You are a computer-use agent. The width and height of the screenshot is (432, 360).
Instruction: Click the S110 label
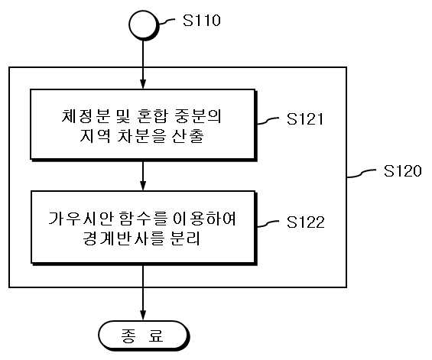pyautogui.click(x=202, y=21)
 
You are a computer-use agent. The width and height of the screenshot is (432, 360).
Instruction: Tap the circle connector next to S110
pyautogui.click(x=143, y=25)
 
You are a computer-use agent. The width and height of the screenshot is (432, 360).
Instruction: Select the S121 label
pyautogui.click(x=305, y=118)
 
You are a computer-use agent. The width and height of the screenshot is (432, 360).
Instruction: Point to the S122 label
pyautogui.click(x=305, y=222)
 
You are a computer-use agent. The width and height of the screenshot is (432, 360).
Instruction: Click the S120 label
pyautogui.click(x=402, y=170)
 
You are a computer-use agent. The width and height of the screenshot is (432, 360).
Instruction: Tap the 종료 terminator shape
pyautogui.click(x=144, y=336)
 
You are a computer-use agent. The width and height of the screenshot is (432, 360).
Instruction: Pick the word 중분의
pyautogui.click(x=198, y=116)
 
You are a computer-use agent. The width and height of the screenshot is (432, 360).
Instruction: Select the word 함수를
pyautogui.click(x=144, y=219)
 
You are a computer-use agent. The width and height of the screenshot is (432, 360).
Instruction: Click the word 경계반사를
pyautogui.click(x=122, y=238)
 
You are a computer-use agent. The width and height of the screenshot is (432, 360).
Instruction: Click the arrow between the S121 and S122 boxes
pyautogui.click(x=143, y=176)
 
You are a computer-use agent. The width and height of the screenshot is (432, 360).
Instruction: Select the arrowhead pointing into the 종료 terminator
pyautogui.click(x=143, y=315)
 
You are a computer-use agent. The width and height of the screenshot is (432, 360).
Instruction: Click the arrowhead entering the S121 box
pyautogui.click(x=143, y=84)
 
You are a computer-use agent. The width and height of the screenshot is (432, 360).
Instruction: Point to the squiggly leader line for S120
pyautogui.click(x=362, y=174)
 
